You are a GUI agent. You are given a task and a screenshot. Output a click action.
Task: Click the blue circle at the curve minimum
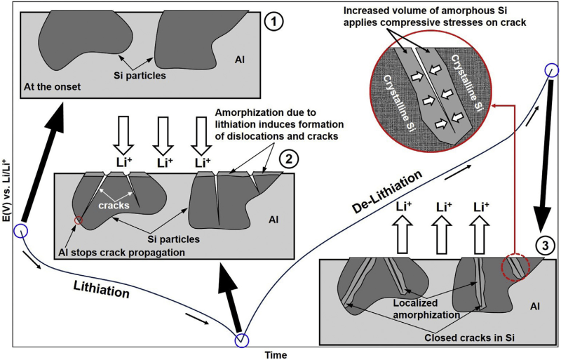pyautogui.click(x=241, y=341)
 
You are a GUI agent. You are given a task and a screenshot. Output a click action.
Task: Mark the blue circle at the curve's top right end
pyautogui.click(x=550, y=70)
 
